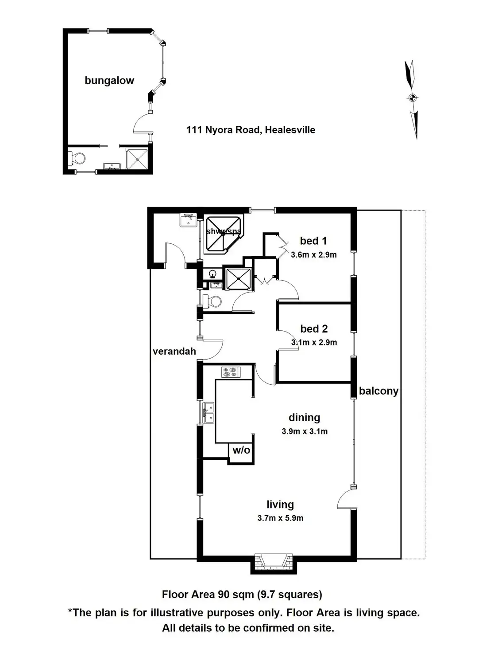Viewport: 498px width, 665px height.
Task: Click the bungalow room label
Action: (x=109, y=81)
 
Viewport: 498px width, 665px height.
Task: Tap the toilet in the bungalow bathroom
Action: (x=78, y=158)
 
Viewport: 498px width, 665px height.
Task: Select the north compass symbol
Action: (x=412, y=98)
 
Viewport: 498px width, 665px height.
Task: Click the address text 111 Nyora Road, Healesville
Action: (x=251, y=130)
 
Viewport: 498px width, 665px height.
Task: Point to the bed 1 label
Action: (x=313, y=241)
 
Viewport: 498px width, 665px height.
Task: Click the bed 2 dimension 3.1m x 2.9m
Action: (x=314, y=342)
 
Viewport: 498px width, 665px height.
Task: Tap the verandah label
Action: (x=174, y=352)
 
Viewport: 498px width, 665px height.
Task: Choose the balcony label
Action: (x=378, y=391)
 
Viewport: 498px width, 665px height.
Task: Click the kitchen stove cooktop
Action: (x=230, y=372)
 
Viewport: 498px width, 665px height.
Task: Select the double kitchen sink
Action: (x=208, y=413)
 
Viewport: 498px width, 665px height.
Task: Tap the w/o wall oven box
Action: (x=241, y=450)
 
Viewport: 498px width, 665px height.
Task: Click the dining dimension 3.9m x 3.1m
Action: (x=305, y=431)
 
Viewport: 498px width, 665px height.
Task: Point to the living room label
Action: (x=280, y=505)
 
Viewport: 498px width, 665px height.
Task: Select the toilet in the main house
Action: (x=213, y=301)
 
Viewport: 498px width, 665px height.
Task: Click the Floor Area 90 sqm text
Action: (x=242, y=595)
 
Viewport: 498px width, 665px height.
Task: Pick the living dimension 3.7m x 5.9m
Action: (x=280, y=518)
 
